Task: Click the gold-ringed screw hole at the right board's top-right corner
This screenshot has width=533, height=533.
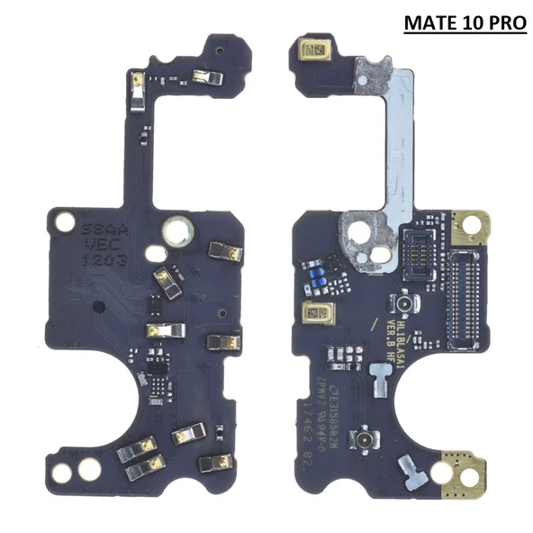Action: [x=469, y=224]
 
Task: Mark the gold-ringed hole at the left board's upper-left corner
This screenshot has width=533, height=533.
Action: [x=65, y=221]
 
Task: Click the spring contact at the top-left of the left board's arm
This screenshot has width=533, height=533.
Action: [x=136, y=86]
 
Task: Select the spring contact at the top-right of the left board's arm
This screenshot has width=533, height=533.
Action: [x=206, y=78]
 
